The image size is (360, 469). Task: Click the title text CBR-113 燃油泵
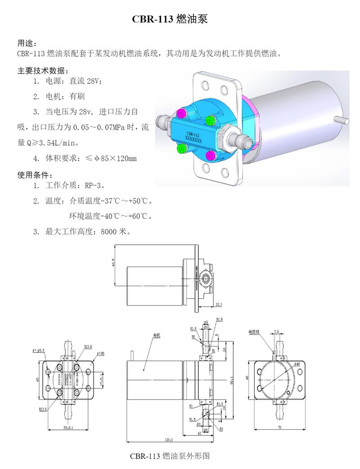click(170, 19)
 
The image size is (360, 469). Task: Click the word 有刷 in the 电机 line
click(77, 96)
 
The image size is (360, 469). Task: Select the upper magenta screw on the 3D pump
click(181, 112)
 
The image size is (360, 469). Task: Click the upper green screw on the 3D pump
click(209, 120)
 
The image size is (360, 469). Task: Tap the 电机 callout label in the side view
click(156, 335)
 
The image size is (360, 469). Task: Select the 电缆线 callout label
click(255, 332)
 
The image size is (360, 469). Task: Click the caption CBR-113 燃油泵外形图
click(170, 455)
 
